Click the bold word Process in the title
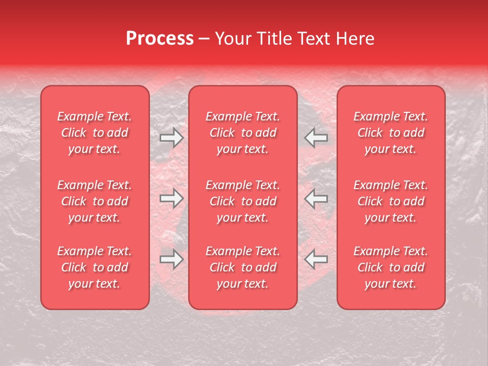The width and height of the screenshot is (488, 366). point(160,39)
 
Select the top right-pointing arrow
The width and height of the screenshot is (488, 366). point(171,138)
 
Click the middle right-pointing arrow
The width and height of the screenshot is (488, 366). point(171,199)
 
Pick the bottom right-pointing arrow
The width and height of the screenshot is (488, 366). point(171,259)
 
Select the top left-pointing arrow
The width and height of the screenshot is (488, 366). point(316,138)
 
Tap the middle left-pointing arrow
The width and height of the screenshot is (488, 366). point(316,199)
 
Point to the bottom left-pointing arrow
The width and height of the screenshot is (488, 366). point(316,259)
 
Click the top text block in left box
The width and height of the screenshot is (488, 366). point(95,133)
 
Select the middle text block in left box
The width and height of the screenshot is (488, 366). point(95,201)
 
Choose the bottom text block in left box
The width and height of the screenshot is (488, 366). point(95,267)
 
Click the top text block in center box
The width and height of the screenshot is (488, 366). point(242,133)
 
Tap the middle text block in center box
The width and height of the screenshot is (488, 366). point(242,201)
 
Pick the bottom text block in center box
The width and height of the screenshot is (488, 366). point(242,267)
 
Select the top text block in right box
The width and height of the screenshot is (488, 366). point(390,133)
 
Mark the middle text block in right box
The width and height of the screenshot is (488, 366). point(390,201)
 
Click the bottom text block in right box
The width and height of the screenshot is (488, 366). point(390,267)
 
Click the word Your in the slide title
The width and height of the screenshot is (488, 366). point(231,39)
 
